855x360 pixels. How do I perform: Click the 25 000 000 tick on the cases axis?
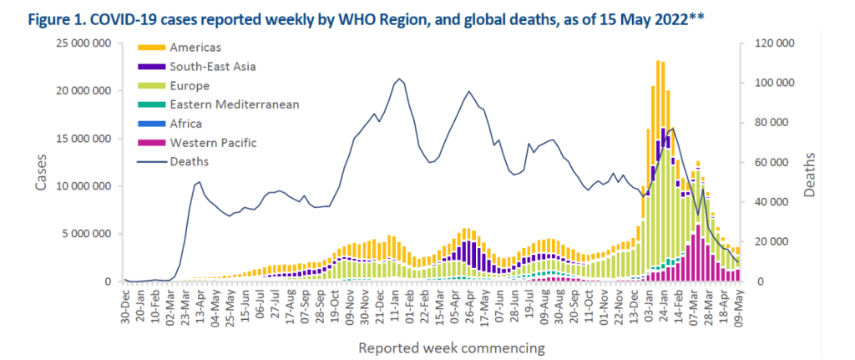[x=87, y=43]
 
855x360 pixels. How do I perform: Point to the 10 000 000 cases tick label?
[x=87, y=186]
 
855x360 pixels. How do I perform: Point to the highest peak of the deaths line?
[x=399, y=79]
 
